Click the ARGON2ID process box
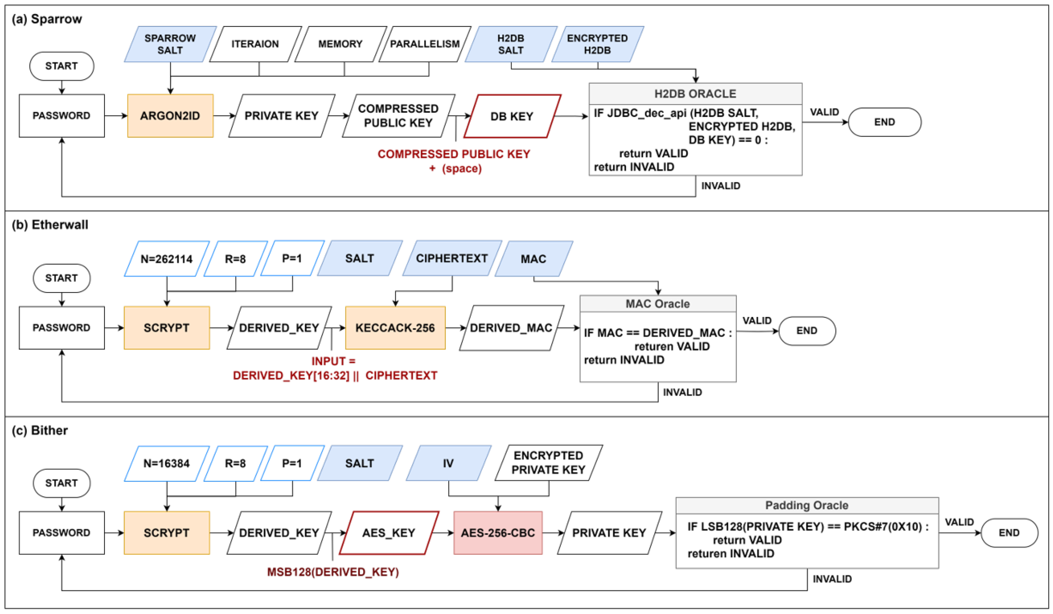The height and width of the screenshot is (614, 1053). click(x=170, y=116)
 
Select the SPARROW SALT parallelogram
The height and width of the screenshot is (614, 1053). click(x=170, y=44)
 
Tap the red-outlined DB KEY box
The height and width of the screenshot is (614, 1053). click(x=512, y=116)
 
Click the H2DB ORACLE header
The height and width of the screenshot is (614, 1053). click(x=695, y=94)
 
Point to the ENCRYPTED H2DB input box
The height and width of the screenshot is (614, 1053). click(x=597, y=44)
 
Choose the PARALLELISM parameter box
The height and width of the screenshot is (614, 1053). click(x=425, y=44)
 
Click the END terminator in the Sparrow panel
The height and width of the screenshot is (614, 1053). click(x=884, y=122)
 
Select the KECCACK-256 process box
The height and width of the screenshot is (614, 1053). click(x=395, y=328)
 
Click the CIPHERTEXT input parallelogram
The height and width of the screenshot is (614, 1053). click(x=452, y=258)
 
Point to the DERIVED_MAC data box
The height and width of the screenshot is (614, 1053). click(x=511, y=328)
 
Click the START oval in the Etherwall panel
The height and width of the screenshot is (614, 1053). click(x=61, y=278)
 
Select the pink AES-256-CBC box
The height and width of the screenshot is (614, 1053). click(x=498, y=533)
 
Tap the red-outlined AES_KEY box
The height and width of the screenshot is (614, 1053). click(x=389, y=533)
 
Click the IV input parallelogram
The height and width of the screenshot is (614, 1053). click(x=448, y=463)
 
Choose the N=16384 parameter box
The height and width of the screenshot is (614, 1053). click(x=166, y=463)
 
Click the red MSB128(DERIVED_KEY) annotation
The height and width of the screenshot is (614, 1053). click(x=333, y=572)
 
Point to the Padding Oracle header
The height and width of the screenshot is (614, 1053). click(x=807, y=505)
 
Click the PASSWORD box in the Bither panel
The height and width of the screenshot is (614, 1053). click(x=61, y=533)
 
